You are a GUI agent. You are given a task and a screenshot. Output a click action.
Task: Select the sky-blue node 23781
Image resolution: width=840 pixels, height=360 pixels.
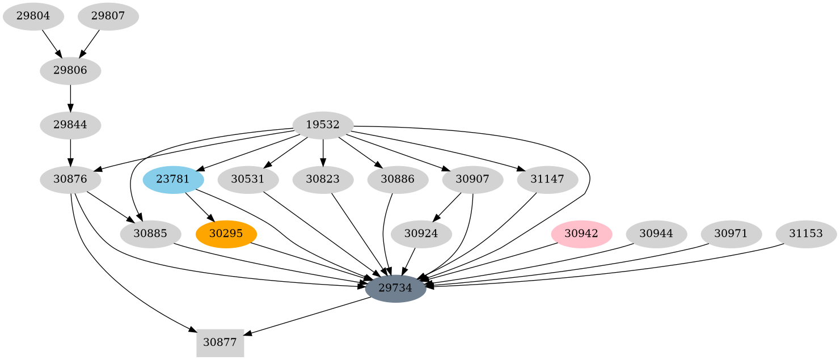coord(173,180)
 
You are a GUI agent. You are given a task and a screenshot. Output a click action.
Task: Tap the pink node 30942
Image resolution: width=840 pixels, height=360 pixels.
coord(581,234)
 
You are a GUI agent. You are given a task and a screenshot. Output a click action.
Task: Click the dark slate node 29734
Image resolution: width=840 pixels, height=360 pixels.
coord(395,288)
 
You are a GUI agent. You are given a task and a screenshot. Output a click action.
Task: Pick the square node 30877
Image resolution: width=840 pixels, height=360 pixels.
coord(220,342)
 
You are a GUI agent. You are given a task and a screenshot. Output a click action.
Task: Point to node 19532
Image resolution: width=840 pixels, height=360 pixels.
coord(323,125)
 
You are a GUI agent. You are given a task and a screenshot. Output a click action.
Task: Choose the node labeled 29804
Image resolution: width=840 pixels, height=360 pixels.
coord(33,16)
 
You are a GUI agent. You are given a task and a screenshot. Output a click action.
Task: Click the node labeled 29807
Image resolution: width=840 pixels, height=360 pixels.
coord(108,16)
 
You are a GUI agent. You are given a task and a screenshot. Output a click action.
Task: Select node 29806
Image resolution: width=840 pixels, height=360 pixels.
coord(70,71)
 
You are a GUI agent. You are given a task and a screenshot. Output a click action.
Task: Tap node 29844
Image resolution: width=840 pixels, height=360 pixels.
coord(70,125)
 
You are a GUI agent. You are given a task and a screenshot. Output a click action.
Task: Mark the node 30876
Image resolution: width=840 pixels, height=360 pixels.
coord(70,180)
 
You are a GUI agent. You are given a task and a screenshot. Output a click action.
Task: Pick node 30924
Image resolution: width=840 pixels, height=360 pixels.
coord(421,234)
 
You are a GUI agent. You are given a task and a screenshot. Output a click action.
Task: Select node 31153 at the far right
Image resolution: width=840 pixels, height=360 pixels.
coord(805,234)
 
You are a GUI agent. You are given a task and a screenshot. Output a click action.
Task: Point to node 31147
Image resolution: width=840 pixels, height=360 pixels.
coord(547,180)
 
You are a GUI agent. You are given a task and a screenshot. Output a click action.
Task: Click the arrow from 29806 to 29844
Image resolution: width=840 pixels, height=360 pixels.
coord(70,98)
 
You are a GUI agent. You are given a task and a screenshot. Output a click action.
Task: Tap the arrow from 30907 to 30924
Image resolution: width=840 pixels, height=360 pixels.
coord(447,207)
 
